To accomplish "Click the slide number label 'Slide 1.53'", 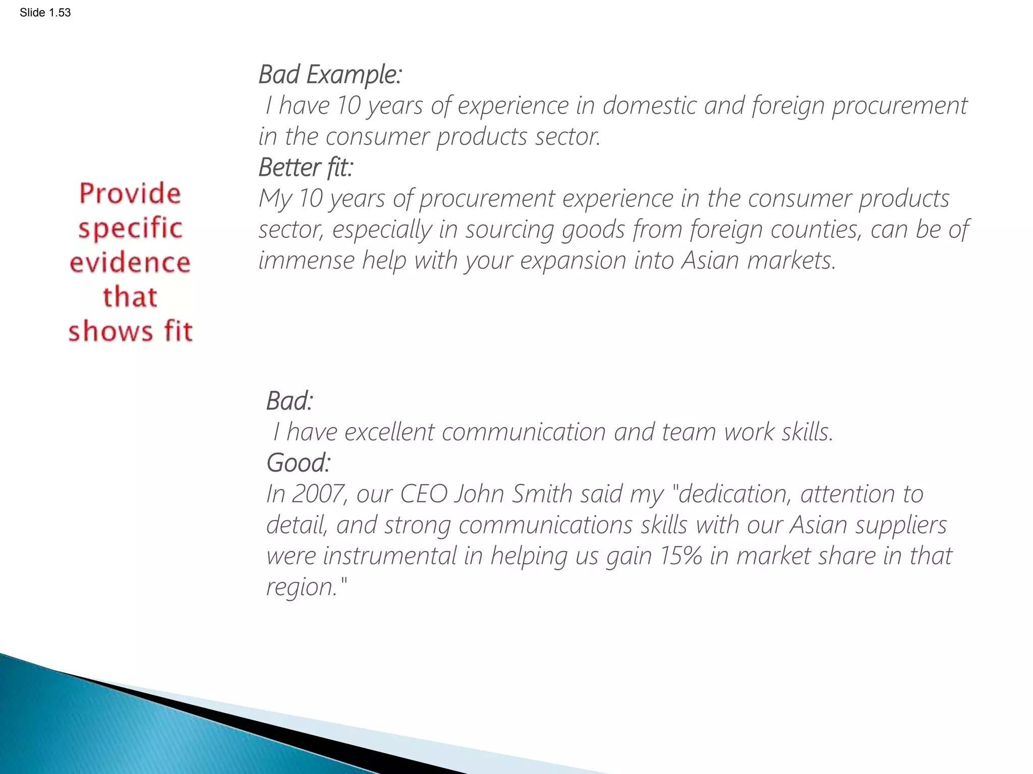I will click(x=45, y=13).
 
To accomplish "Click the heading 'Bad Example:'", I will click(x=330, y=75).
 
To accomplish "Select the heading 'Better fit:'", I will click(x=306, y=167).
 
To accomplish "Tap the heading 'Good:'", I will click(x=298, y=463).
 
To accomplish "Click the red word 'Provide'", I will click(x=130, y=194).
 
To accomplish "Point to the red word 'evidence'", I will click(x=130, y=263).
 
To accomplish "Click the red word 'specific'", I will click(x=130, y=228).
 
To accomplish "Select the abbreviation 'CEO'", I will click(x=424, y=494).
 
